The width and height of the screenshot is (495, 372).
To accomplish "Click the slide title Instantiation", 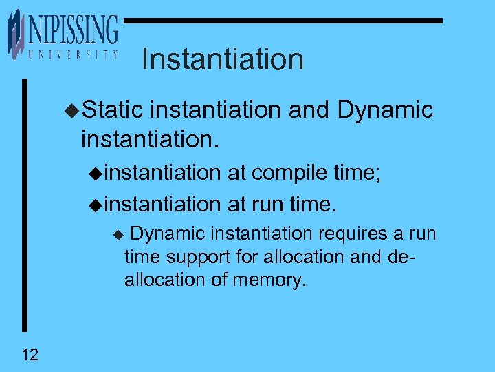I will [x=222, y=59].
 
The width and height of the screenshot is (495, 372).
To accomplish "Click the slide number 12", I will [x=30, y=355].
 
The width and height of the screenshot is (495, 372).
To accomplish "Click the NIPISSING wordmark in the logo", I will [x=73, y=31].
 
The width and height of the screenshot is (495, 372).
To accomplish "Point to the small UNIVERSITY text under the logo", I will [x=69, y=54].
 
